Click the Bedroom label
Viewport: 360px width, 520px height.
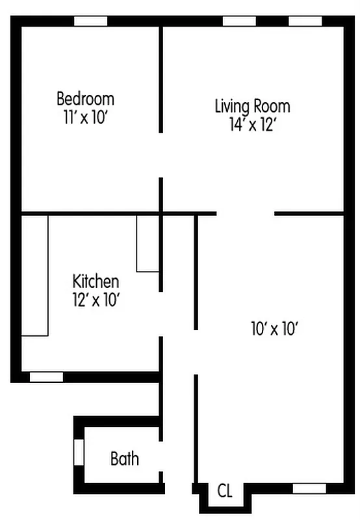point(85,99)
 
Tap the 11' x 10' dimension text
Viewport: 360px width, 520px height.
point(85,118)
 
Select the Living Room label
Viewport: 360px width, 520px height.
point(252,106)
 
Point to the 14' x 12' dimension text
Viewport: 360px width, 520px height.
point(253,125)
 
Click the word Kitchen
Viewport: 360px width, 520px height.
point(96,281)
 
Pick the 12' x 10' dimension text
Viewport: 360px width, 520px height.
point(96,300)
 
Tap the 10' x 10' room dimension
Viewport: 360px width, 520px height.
point(274,330)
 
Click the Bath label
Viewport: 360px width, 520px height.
point(124,459)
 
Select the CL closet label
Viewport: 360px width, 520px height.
point(225,491)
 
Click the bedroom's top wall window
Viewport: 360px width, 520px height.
point(90,21)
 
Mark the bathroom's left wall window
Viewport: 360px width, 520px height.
point(79,452)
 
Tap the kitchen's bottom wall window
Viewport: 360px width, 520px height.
point(47,376)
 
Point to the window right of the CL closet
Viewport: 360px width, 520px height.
point(309,488)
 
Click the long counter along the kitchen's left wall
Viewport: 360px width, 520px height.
point(35,276)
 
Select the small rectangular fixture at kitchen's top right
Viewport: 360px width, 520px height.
point(148,243)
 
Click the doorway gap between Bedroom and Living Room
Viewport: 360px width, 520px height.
point(161,155)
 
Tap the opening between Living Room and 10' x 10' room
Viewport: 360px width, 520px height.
point(246,213)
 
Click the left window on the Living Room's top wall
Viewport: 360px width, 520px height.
point(239,21)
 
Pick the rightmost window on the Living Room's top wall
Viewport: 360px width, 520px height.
point(305,21)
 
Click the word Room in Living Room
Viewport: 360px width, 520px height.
point(272,106)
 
